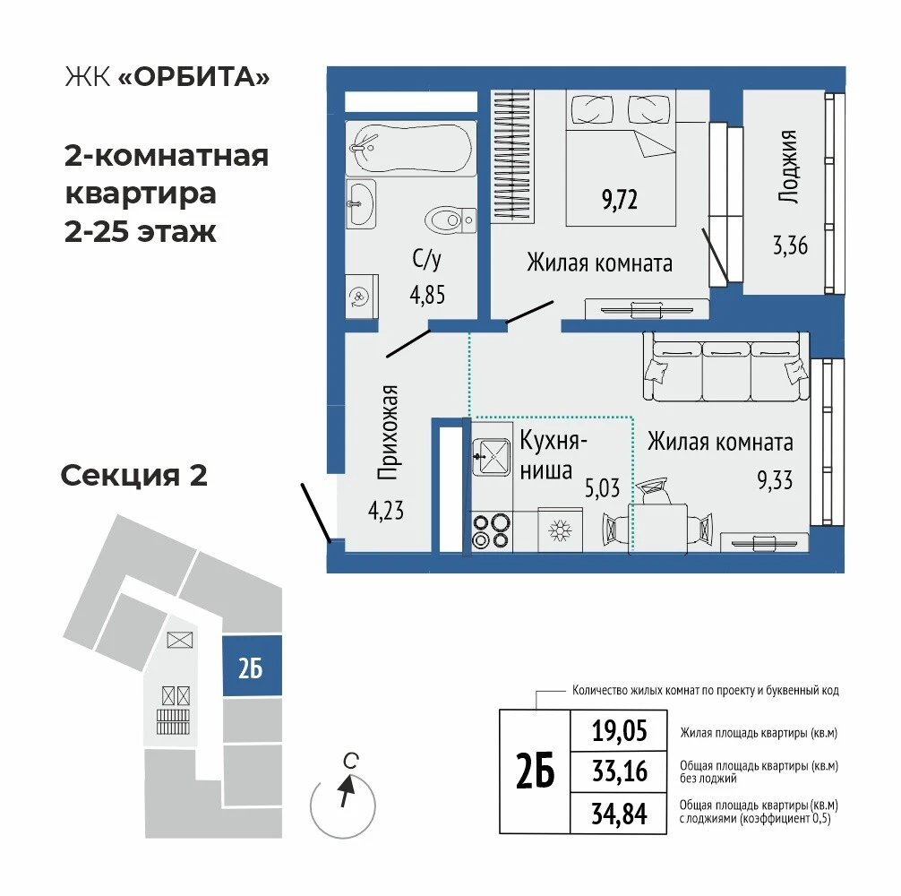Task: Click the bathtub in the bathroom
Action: tap(411, 148)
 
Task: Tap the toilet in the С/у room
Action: tap(451, 220)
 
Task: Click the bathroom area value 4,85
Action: tap(427, 295)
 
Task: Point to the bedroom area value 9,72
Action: tap(620, 200)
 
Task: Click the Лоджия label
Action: tap(788, 167)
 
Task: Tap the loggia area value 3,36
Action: tap(790, 246)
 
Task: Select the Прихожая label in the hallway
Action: tap(388, 432)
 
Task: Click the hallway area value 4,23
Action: tap(386, 511)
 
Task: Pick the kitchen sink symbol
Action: tap(492, 457)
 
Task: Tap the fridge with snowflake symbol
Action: tap(560, 530)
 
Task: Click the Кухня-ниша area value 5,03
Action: tap(602, 488)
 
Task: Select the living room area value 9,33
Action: tap(775, 480)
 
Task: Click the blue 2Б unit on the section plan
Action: tap(252, 666)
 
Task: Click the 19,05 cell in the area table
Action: tap(619, 731)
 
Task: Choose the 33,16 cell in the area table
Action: tap(619, 771)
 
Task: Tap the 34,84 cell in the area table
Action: tap(619, 814)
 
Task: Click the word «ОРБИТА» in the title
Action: tap(193, 77)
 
